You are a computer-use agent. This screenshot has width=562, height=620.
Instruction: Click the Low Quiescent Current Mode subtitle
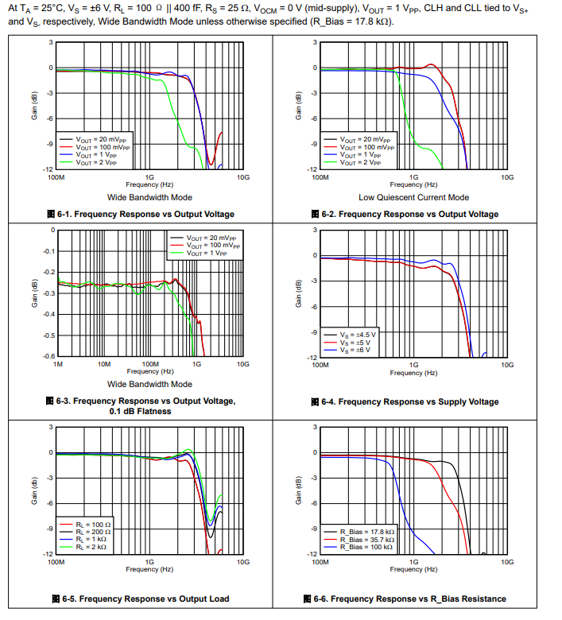413,197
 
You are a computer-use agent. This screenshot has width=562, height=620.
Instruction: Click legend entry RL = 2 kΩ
93,547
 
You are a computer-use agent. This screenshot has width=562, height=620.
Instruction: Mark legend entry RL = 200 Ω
93,532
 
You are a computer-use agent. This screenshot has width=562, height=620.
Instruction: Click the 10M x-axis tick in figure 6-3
103,364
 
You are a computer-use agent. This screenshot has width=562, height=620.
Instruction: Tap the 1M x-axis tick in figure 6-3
57,364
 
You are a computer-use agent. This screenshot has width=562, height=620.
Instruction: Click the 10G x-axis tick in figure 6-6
507,561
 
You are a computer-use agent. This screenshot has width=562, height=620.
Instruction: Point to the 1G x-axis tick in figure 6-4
413,364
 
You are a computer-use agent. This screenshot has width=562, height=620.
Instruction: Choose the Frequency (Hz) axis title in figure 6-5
149,569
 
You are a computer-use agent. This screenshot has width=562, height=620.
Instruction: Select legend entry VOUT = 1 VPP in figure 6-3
211,253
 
